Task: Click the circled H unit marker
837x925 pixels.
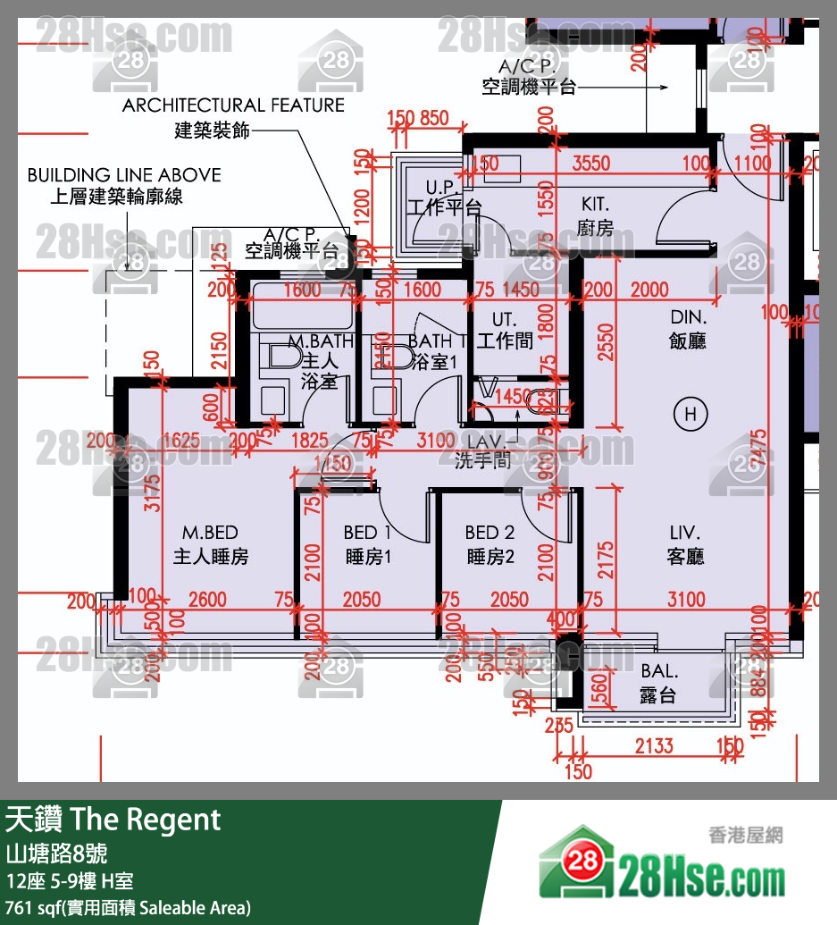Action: pyautogui.click(x=690, y=414)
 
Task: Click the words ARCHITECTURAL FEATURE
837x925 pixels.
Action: pyautogui.click(x=233, y=105)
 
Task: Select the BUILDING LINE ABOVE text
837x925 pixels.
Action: pyautogui.click(x=124, y=175)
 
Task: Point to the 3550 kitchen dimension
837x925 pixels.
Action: pyautogui.click(x=590, y=164)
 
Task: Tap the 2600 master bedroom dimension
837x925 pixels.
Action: pyautogui.click(x=207, y=600)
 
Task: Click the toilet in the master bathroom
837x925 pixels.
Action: pyautogui.click(x=282, y=357)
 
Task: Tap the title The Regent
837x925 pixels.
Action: pyautogui.click(x=113, y=820)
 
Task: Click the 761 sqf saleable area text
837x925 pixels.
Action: pyautogui.click(x=128, y=907)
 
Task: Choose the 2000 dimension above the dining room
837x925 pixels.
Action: pyautogui.click(x=649, y=290)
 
